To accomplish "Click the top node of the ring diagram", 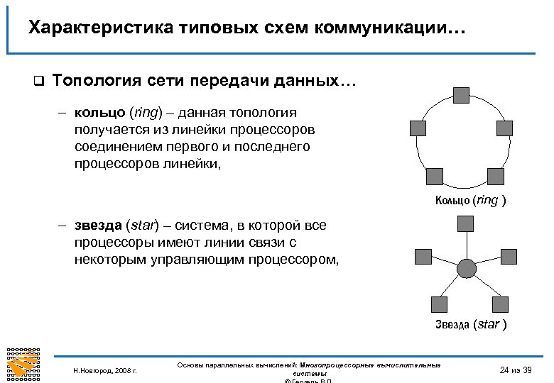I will pos(461,95).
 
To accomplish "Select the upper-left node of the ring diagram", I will pos(418,128).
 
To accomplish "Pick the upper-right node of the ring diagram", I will pos(504,128).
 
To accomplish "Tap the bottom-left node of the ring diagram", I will pos(434,177).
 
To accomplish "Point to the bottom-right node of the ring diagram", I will pos(495,177).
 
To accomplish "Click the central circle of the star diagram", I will pos(466,268).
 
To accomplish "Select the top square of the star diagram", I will pos(466,224).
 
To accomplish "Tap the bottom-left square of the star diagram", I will pos(440,304).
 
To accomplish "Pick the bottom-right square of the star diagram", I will pos(501,304).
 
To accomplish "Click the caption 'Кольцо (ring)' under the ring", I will pos(470,201).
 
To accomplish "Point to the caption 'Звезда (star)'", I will pos(471,325).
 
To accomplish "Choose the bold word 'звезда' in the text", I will pos(99,226).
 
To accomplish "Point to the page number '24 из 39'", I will pos(516,369).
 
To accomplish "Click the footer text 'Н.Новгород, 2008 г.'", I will pos(105,370).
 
